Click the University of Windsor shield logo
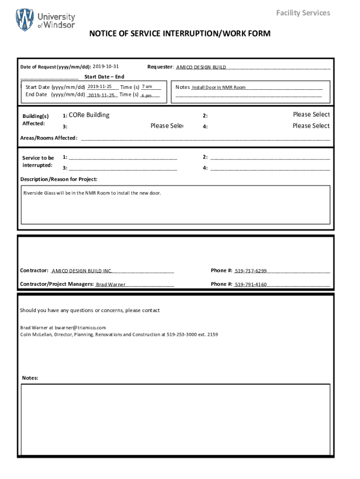tap(25, 20)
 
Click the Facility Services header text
tap(303, 13)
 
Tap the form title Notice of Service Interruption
tap(180, 34)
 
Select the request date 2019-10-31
tap(106, 67)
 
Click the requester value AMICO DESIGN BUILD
tap(201, 67)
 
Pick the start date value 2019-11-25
tap(99, 87)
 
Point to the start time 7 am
tap(147, 87)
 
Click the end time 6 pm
tap(146, 95)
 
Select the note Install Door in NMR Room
tap(219, 87)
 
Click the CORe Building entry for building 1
tap(89, 115)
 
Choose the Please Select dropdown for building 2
tap(311, 115)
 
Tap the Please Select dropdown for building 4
tap(311, 126)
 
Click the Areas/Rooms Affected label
tap(49, 138)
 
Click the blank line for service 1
tap(123, 158)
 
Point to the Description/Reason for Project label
tap(59, 179)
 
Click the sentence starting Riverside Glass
tap(92, 193)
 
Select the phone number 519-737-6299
tap(251, 271)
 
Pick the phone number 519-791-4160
tap(251, 284)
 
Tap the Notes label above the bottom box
tap(30, 378)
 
